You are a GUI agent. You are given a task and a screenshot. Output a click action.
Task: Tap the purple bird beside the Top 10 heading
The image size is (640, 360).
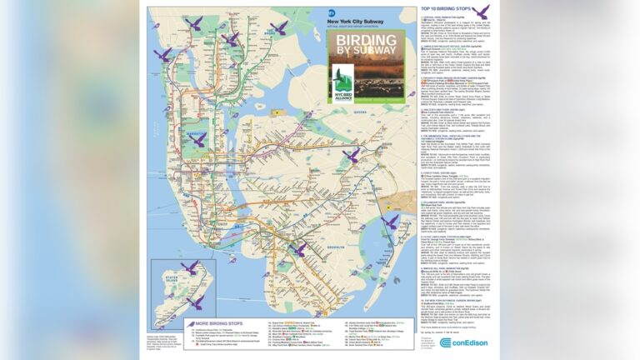(x=504, y=12)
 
